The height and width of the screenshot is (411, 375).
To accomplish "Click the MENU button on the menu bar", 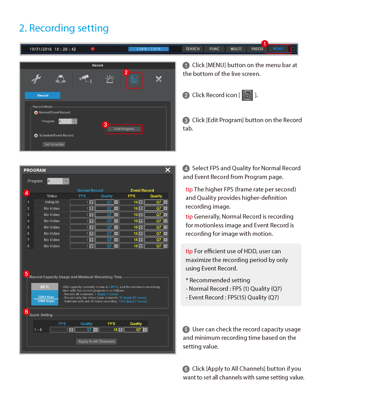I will coord(278,49).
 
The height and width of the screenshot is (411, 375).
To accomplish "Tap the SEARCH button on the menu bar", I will coord(192,49).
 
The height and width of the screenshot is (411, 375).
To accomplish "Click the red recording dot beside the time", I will coord(92,49).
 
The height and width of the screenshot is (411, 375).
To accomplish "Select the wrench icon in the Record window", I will coord(36,79).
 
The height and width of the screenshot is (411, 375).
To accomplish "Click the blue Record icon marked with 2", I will coord(134,79).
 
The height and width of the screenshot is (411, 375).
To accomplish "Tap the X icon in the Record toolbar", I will coord(159,79).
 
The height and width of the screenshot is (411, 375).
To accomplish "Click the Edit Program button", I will coord(124,129).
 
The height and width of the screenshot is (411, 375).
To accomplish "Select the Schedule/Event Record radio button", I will coord(36,136).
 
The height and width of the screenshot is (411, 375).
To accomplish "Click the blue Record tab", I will coord(43,96).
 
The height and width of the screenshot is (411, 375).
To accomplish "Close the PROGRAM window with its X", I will coord(168,170).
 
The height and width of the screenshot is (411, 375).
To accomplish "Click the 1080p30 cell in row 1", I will coord(52,202).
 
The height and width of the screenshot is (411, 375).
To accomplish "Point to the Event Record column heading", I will coord(142,191).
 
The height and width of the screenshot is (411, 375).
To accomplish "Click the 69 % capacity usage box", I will coord(45,287).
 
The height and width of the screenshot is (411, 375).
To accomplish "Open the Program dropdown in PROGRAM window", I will coord(66,181).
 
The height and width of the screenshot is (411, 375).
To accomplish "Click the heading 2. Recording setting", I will coord(64,28).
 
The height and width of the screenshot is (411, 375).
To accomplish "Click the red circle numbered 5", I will coord(26,274).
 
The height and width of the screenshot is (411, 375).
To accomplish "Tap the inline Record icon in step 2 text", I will coord(247,95).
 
